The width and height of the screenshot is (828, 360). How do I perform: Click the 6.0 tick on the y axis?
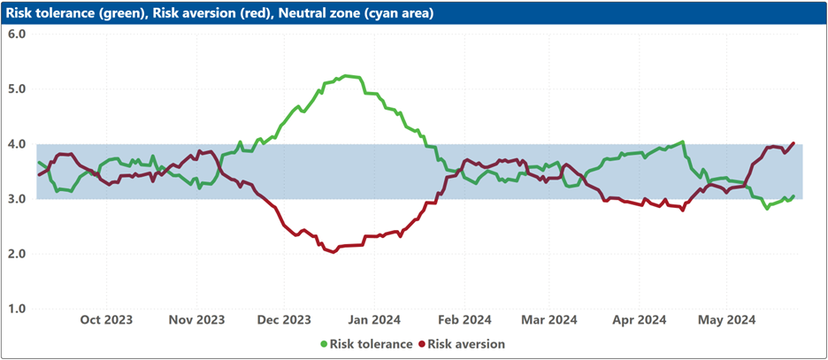click(18, 34)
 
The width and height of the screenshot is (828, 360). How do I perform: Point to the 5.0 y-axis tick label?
click(18, 89)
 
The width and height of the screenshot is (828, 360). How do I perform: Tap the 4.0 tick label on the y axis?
click(18, 144)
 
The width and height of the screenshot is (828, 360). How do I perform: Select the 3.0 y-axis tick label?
click(18, 199)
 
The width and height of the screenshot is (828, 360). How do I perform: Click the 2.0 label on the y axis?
click(18, 254)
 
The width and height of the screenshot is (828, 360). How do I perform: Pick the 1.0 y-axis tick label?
click(18, 309)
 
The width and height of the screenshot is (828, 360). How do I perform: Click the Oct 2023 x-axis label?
click(107, 320)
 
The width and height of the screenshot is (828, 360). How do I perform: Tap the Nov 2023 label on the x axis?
click(196, 320)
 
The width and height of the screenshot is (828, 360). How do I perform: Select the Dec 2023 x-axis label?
click(284, 320)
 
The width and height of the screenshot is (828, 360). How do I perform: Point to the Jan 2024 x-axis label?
click(374, 320)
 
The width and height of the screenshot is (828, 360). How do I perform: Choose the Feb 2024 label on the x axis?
click(464, 320)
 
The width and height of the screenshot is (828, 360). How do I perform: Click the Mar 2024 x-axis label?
click(549, 320)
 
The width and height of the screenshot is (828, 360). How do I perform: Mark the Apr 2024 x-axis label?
click(640, 320)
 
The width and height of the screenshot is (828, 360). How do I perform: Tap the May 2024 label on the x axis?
click(725, 320)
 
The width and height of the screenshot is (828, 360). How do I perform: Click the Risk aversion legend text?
click(466, 344)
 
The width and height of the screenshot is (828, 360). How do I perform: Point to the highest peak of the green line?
click(346, 76)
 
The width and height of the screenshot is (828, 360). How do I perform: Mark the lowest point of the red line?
click(333, 252)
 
